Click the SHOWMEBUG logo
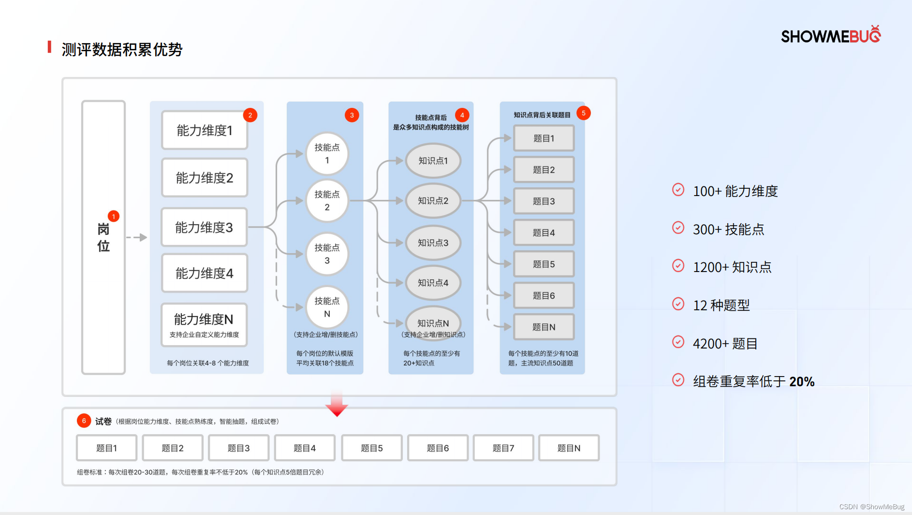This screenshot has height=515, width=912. pos(830,35)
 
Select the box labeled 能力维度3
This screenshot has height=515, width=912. pos(204,227)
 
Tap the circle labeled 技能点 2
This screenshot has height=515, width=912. pos(327,200)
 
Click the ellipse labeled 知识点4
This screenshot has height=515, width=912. pos(433,283)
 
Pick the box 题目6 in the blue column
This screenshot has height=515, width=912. pos(544,295)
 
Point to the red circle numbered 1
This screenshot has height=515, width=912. pos(114,216)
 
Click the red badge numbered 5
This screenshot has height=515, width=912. pos(584,113)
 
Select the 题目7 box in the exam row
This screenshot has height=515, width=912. pos(503,448)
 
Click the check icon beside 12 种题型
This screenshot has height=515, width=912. pos(678,304)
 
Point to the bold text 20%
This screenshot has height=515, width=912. pos(802,381)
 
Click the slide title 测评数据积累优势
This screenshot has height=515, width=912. pos(122,49)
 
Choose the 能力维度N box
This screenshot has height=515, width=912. pos(204,324)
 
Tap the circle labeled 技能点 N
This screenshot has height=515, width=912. pos(327,307)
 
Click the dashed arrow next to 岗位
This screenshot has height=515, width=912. pos(136,237)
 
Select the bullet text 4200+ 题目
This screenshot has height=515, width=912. pos(725,344)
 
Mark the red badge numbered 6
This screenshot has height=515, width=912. pos(84,421)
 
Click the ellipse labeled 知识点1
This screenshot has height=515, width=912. pos(433,161)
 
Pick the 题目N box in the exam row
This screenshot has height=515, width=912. pos(569,448)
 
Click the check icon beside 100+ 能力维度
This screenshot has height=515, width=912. pos(678,190)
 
